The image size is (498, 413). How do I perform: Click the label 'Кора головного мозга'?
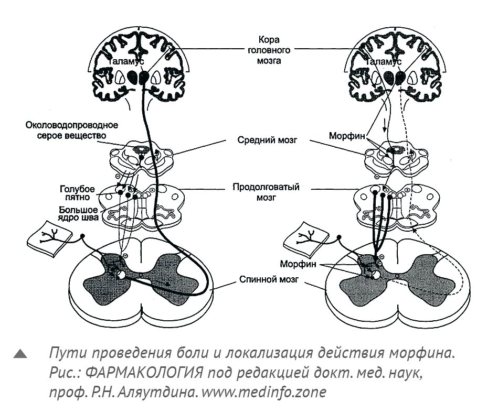tap(269, 50)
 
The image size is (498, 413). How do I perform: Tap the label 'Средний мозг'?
tap(267, 140)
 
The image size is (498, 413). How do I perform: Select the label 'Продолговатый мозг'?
tap(266, 192)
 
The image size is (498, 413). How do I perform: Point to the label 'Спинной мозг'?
tap(269, 279)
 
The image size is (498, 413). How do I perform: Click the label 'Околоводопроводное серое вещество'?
tap(71, 130)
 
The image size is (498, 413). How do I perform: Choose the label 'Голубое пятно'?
tap(77, 193)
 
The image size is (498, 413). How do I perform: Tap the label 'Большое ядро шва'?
tap(78, 214)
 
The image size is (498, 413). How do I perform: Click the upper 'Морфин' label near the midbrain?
tap(347, 136)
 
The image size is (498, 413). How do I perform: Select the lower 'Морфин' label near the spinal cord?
tap(298, 264)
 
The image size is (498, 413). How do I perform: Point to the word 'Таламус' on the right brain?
tap(384, 61)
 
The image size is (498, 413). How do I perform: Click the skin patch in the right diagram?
tap(306, 238)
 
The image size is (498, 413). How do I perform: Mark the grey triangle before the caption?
tap(20, 354)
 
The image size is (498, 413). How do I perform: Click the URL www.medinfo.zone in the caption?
tap(263, 392)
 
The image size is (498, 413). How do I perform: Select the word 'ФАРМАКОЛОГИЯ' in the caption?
tap(144, 373)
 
